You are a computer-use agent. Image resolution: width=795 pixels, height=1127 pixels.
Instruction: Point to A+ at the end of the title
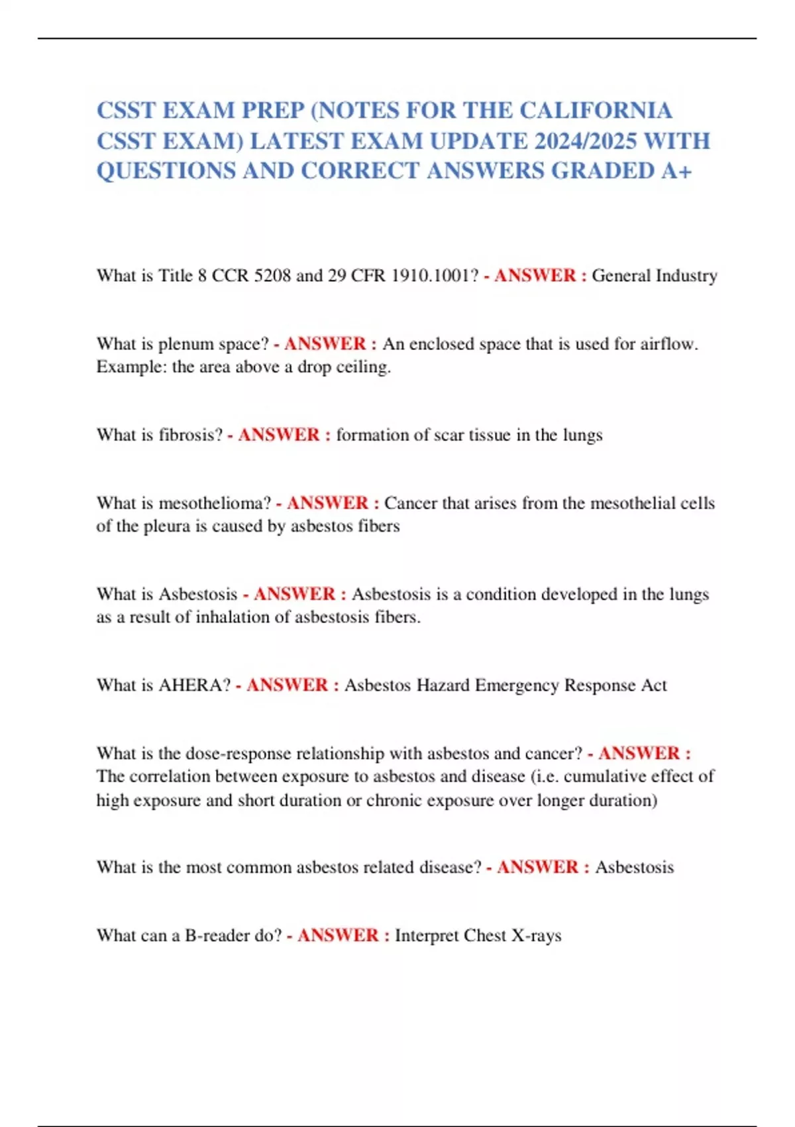(x=676, y=171)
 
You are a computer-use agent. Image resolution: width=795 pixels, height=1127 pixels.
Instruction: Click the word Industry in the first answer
(x=686, y=276)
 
